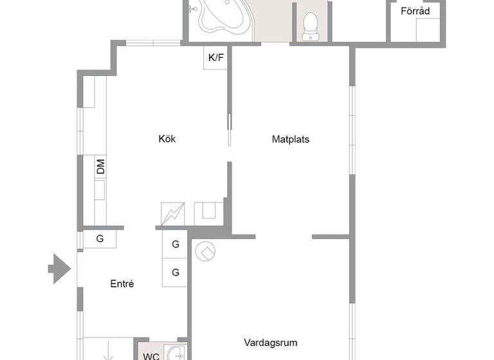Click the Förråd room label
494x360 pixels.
tap(416, 11)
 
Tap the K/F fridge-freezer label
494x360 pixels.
tap(216, 59)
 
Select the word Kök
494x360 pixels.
tap(167, 139)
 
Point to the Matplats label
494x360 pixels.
tap(291, 139)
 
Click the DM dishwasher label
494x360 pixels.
tap(100, 168)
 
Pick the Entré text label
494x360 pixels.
tap(122, 283)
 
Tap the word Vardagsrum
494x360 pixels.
tap(270, 343)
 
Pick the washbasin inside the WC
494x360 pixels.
tap(174, 353)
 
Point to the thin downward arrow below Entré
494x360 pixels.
tap(107, 352)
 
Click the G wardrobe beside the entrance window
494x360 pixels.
tap(100, 239)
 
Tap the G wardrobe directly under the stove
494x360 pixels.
tap(175, 244)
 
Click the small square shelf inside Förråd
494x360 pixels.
tap(427, 30)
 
